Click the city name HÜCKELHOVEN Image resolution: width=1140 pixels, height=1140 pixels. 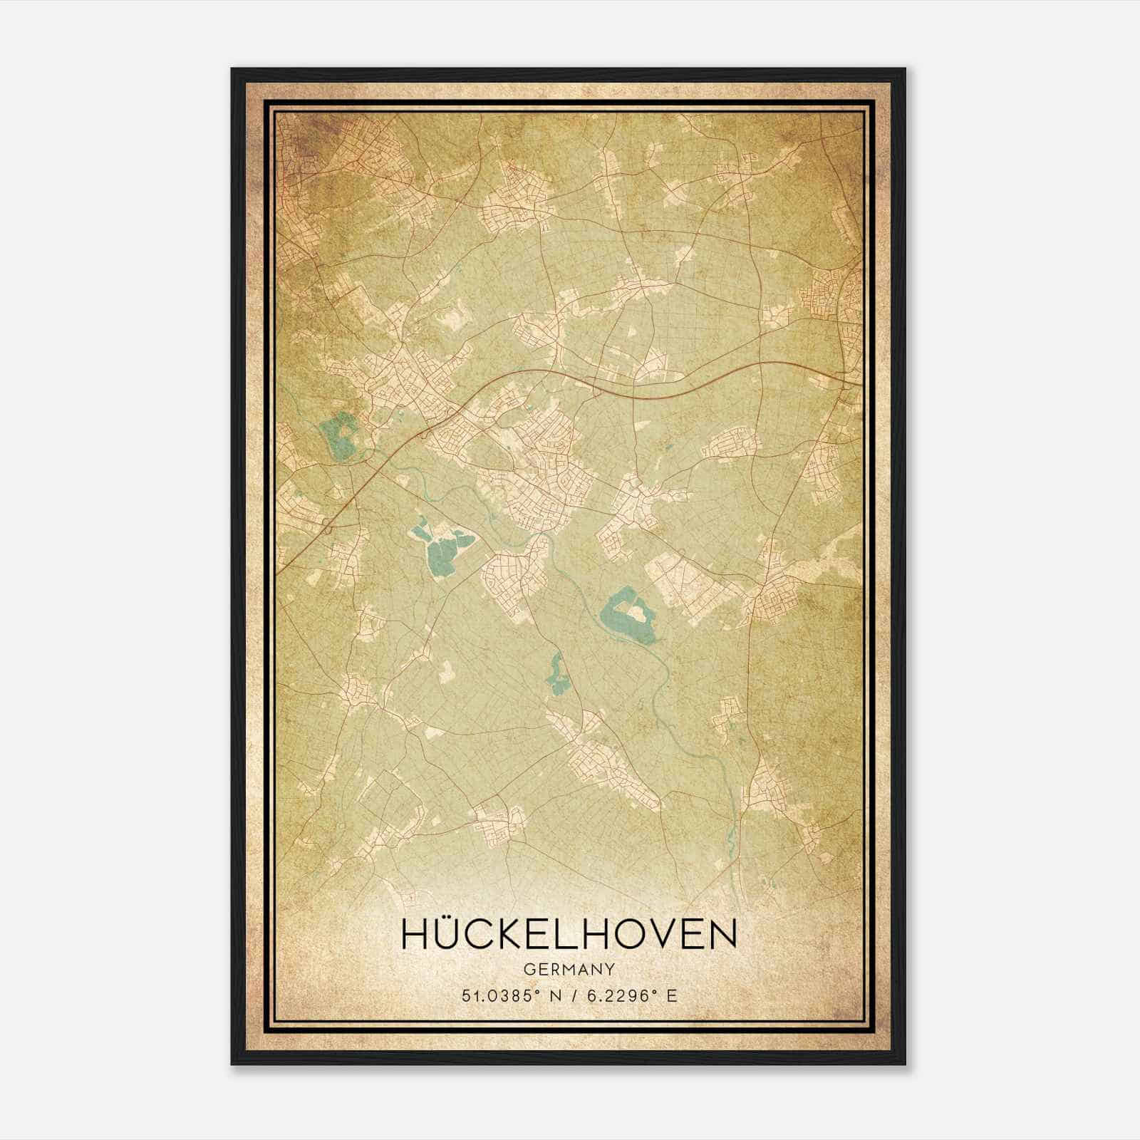point(569,934)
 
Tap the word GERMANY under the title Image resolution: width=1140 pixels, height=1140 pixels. point(569,969)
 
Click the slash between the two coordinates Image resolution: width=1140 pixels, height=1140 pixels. point(571,996)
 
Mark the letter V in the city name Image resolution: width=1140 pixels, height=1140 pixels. point(673,934)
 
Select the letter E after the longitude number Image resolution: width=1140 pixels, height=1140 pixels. point(671,996)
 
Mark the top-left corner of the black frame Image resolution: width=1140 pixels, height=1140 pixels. point(233,70)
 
